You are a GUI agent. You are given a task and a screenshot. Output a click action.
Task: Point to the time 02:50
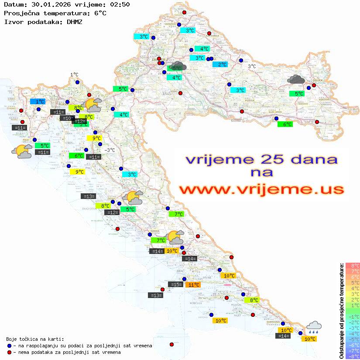click(x=120, y=5)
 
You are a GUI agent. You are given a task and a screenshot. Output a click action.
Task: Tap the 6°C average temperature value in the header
click(x=100, y=13)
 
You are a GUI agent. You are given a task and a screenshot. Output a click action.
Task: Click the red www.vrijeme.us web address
click(x=261, y=189)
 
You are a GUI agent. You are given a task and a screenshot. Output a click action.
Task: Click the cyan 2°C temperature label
click(x=222, y=65)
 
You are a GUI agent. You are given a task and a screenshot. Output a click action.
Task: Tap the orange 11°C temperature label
click(x=193, y=285)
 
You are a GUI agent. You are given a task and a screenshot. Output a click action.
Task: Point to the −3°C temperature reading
click(x=110, y=150)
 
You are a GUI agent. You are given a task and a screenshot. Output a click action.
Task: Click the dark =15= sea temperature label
click(x=176, y=285)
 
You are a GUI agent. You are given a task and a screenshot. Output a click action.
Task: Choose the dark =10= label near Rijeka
click(x=67, y=118)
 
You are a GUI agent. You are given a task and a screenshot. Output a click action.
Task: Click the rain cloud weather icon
click(x=314, y=327)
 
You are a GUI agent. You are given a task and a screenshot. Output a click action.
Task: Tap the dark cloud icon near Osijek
click(x=297, y=79)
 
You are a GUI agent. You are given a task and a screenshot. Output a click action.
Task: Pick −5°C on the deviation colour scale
click(x=352, y=339)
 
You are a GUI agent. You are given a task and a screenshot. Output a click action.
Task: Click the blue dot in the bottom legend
click(x=10, y=346)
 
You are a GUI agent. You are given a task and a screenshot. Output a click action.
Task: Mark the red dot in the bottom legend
click(x=10, y=352)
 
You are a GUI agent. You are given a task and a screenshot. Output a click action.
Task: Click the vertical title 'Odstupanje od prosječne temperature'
click(x=341, y=311)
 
